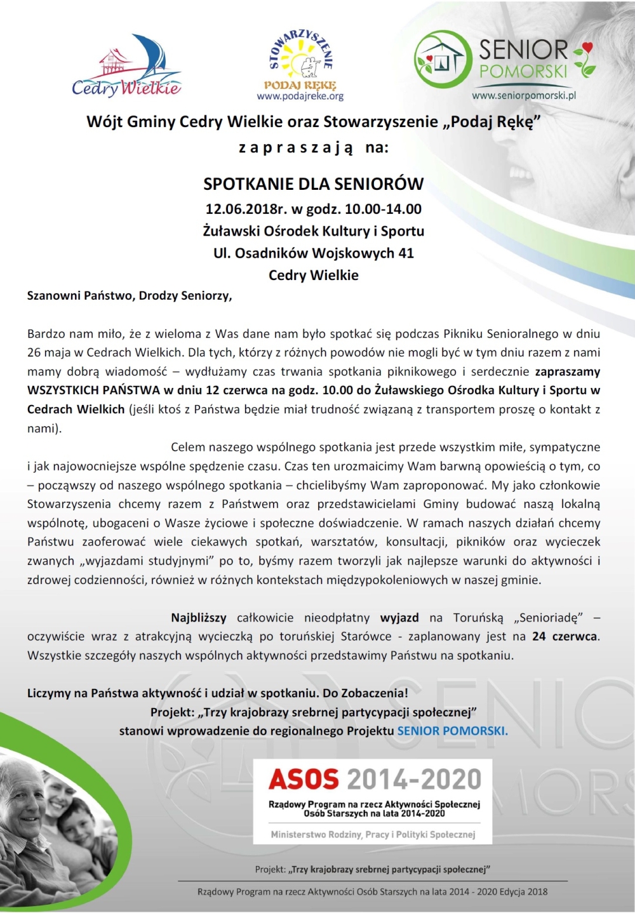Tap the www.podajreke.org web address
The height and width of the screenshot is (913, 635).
[300, 97]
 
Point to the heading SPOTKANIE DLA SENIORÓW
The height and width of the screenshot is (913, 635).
[313, 184]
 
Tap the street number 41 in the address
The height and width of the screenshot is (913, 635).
[406, 253]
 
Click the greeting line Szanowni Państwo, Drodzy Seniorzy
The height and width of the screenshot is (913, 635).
[130, 295]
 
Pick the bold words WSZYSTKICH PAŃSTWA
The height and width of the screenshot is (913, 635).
[93, 390]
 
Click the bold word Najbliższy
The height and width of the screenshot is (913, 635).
[198, 618]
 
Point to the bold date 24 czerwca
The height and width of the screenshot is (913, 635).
[565, 636]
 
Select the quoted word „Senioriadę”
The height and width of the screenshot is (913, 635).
[550, 618]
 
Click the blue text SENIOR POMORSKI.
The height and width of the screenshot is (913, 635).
[452, 731]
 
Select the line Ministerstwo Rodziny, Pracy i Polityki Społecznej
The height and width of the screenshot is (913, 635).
[373, 834]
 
